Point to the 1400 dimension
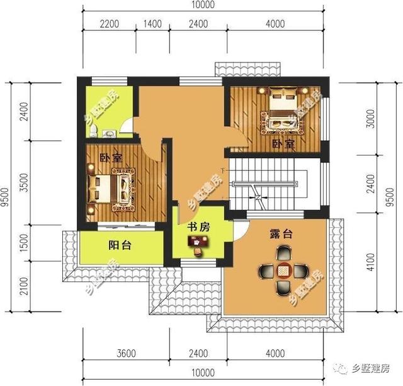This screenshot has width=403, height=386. point(152,26)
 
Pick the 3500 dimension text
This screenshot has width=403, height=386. point(23,183)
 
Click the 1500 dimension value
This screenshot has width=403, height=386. point(23,243)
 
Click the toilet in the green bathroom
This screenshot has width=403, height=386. point(93,131)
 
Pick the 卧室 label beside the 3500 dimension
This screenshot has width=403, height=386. point(110,158)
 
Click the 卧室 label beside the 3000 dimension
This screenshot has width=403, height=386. point(283,144)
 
